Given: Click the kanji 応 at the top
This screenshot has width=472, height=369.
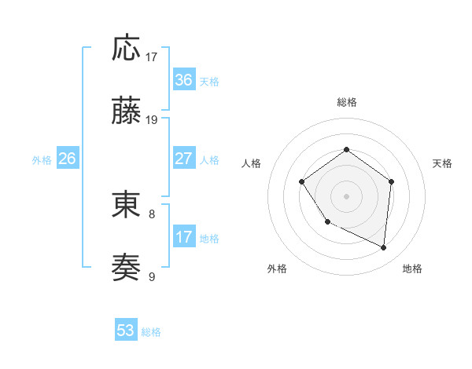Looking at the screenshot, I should (x=126, y=49).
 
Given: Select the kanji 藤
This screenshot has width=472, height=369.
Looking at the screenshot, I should (x=126, y=113).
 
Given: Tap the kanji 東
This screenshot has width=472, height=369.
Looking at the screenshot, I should (x=126, y=205).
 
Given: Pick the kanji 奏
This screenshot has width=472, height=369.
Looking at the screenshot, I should (x=126, y=268).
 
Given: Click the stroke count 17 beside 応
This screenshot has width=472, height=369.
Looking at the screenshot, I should (x=152, y=57).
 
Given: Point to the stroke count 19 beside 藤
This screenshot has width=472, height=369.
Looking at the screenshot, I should (x=152, y=120).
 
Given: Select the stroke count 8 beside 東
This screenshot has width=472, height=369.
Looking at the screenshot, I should (x=152, y=213).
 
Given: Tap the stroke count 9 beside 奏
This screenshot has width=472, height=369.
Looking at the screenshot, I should (x=152, y=276).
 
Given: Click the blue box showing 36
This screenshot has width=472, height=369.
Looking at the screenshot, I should (x=183, y=80).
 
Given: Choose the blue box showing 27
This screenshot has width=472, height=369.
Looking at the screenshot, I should (x=183, y=159).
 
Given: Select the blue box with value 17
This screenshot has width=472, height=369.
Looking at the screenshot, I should (x=183, y=237).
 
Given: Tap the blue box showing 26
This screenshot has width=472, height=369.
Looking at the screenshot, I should (x=67, y=159).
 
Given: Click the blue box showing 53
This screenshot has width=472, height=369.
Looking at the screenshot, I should (x=126, y=331).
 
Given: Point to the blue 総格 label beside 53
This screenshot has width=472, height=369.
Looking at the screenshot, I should (x=151, y=332).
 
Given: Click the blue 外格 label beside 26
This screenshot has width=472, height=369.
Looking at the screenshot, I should (x=42, y=160).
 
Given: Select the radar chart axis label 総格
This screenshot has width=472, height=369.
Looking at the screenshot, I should (x=346, y=102).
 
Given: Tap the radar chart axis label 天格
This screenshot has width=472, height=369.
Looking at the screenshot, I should (x=442, y=163).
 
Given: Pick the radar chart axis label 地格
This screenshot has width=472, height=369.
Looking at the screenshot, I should (x=412, y=269).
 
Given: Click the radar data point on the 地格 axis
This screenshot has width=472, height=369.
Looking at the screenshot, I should (x=383, y=247).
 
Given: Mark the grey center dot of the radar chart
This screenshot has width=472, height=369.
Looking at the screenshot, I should (x=346, y=195).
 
